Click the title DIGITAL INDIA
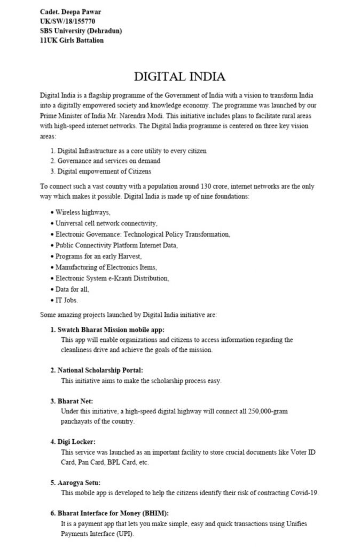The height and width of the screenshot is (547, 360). tap(179, 76)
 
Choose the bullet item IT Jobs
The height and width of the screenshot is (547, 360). tap(67, 300)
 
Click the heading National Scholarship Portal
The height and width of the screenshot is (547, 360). tap(100, 370)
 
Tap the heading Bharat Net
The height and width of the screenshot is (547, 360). tap(77, 400)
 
